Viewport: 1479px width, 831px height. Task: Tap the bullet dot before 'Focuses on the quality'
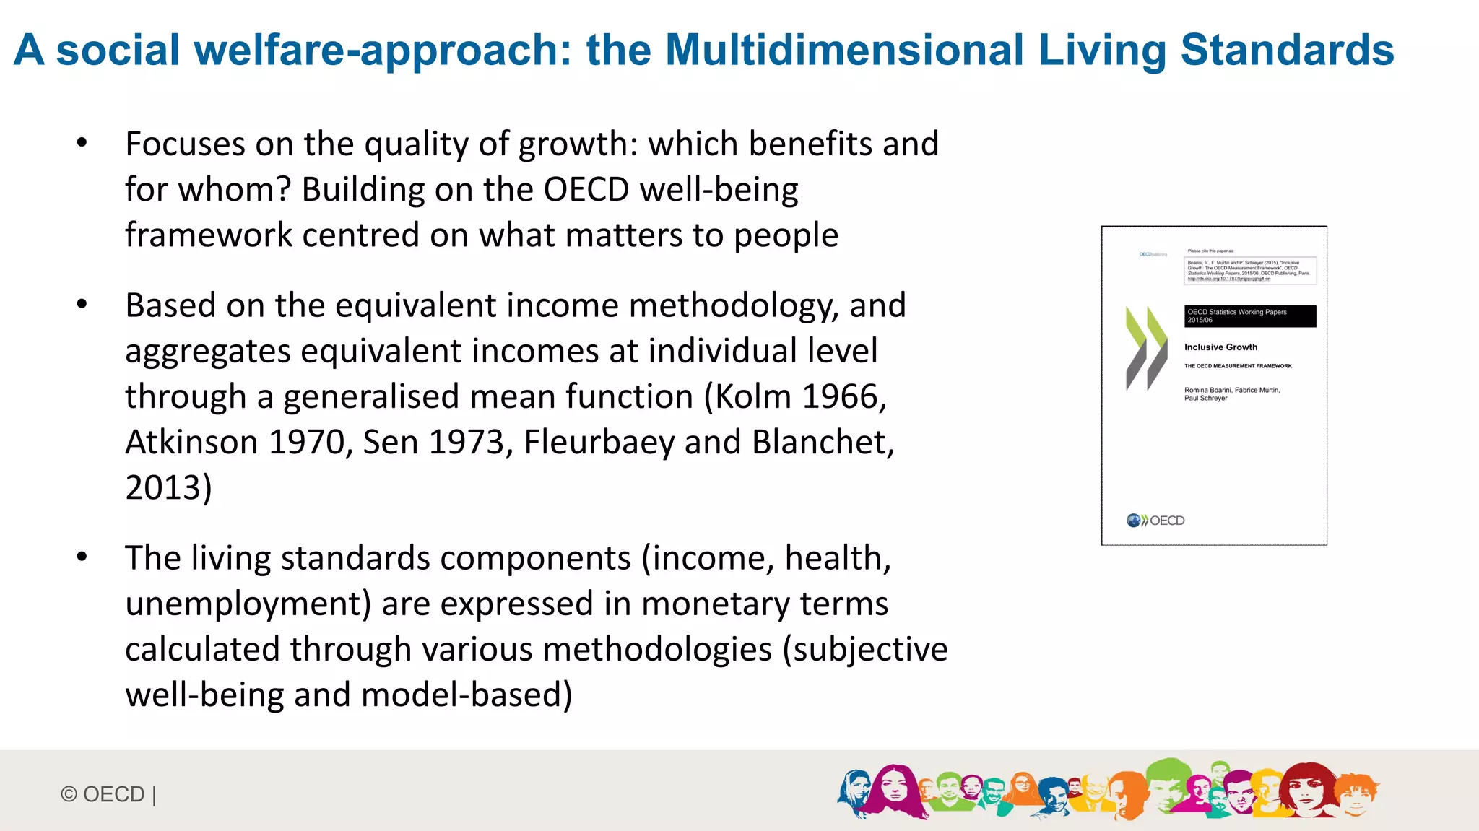[x=82, y=143]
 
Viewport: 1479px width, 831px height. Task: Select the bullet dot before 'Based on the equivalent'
[x=82, y=305]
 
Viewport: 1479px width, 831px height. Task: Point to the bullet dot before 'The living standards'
[x=82, y=557]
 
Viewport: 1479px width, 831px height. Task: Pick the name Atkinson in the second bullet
[x=191, y=442]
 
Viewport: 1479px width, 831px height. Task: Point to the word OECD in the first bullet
[x=586, y=189]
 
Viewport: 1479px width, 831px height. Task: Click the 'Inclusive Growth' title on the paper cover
[x=1220, y=347]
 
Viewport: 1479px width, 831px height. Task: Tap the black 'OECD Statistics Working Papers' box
[x=1249, y=316]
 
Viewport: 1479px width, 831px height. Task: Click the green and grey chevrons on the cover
[x=1146, y=348]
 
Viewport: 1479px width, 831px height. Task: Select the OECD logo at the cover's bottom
[x=1155, y=520]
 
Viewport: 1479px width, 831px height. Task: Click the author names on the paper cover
[x=1231, y=393]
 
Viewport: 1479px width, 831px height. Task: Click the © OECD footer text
[x=108, y=794]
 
